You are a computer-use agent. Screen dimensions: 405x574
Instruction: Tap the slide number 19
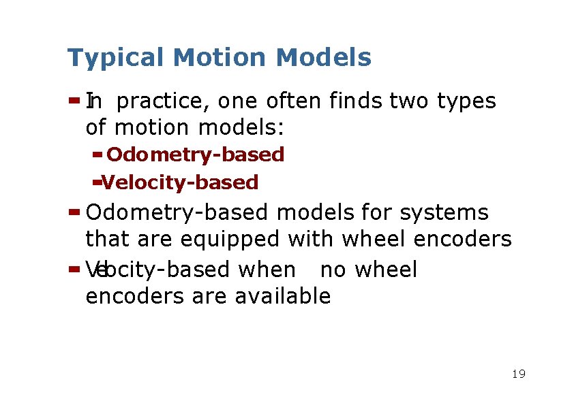[518, 374]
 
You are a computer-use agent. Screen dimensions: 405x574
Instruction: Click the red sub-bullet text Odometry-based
[195, 155]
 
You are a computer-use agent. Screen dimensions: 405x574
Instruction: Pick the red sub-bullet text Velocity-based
[180, 183]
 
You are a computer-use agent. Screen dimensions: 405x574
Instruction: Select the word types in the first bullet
[466, 101]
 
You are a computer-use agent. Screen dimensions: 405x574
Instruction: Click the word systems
[444, 213]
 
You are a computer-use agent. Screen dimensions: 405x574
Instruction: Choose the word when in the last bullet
[267, 270]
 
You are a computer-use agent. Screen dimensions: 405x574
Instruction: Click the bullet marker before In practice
[74, 101]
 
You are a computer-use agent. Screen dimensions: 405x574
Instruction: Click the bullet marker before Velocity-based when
[74, 269]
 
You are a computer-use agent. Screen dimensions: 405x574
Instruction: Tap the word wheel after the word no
[386, 270]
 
